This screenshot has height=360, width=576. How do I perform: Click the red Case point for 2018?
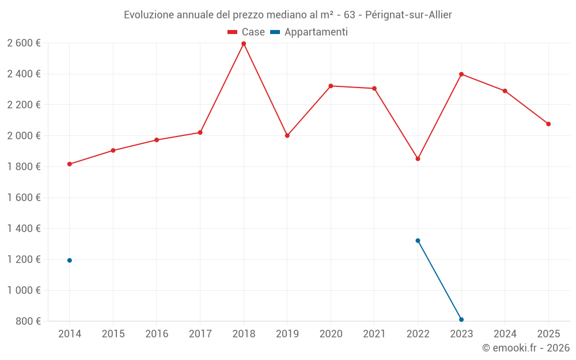click(x=244, y=44)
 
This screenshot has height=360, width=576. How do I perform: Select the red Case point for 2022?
click(x=418, y=158)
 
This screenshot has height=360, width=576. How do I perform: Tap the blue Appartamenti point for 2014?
click(x=70, y=260)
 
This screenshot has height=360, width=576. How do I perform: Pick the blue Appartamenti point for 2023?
click(x=461, y=320)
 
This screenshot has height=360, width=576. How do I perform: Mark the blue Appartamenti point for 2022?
click(x=418, y=241)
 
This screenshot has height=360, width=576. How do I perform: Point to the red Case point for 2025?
click(x=548, y=124)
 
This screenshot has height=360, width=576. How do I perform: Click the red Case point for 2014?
click(x=70, y=164)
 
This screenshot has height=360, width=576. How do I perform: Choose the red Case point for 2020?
click(x=331, y=86)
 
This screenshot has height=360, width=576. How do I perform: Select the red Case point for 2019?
click(x=287, y=136)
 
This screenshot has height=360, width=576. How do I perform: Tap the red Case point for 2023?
click(x=461, y=74)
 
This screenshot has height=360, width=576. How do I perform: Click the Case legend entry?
click(x=246, y=32)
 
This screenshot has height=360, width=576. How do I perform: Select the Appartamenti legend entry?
click(x=309, y=32)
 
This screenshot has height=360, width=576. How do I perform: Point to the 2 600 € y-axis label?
click(x=24, y=43)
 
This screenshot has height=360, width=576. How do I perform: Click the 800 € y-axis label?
click(x=28, y=321)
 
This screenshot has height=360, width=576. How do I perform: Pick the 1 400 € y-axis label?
click(x=24, y=229)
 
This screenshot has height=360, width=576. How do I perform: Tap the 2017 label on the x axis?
click(x=200, y=334)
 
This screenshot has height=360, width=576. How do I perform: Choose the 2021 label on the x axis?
click(x=374, y=334)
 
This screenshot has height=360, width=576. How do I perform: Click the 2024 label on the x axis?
click(x=505, y=334)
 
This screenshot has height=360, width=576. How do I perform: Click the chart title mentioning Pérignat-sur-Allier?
click(x=287, y=15)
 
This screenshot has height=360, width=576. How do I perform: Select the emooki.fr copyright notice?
click(x=525, y=348)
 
